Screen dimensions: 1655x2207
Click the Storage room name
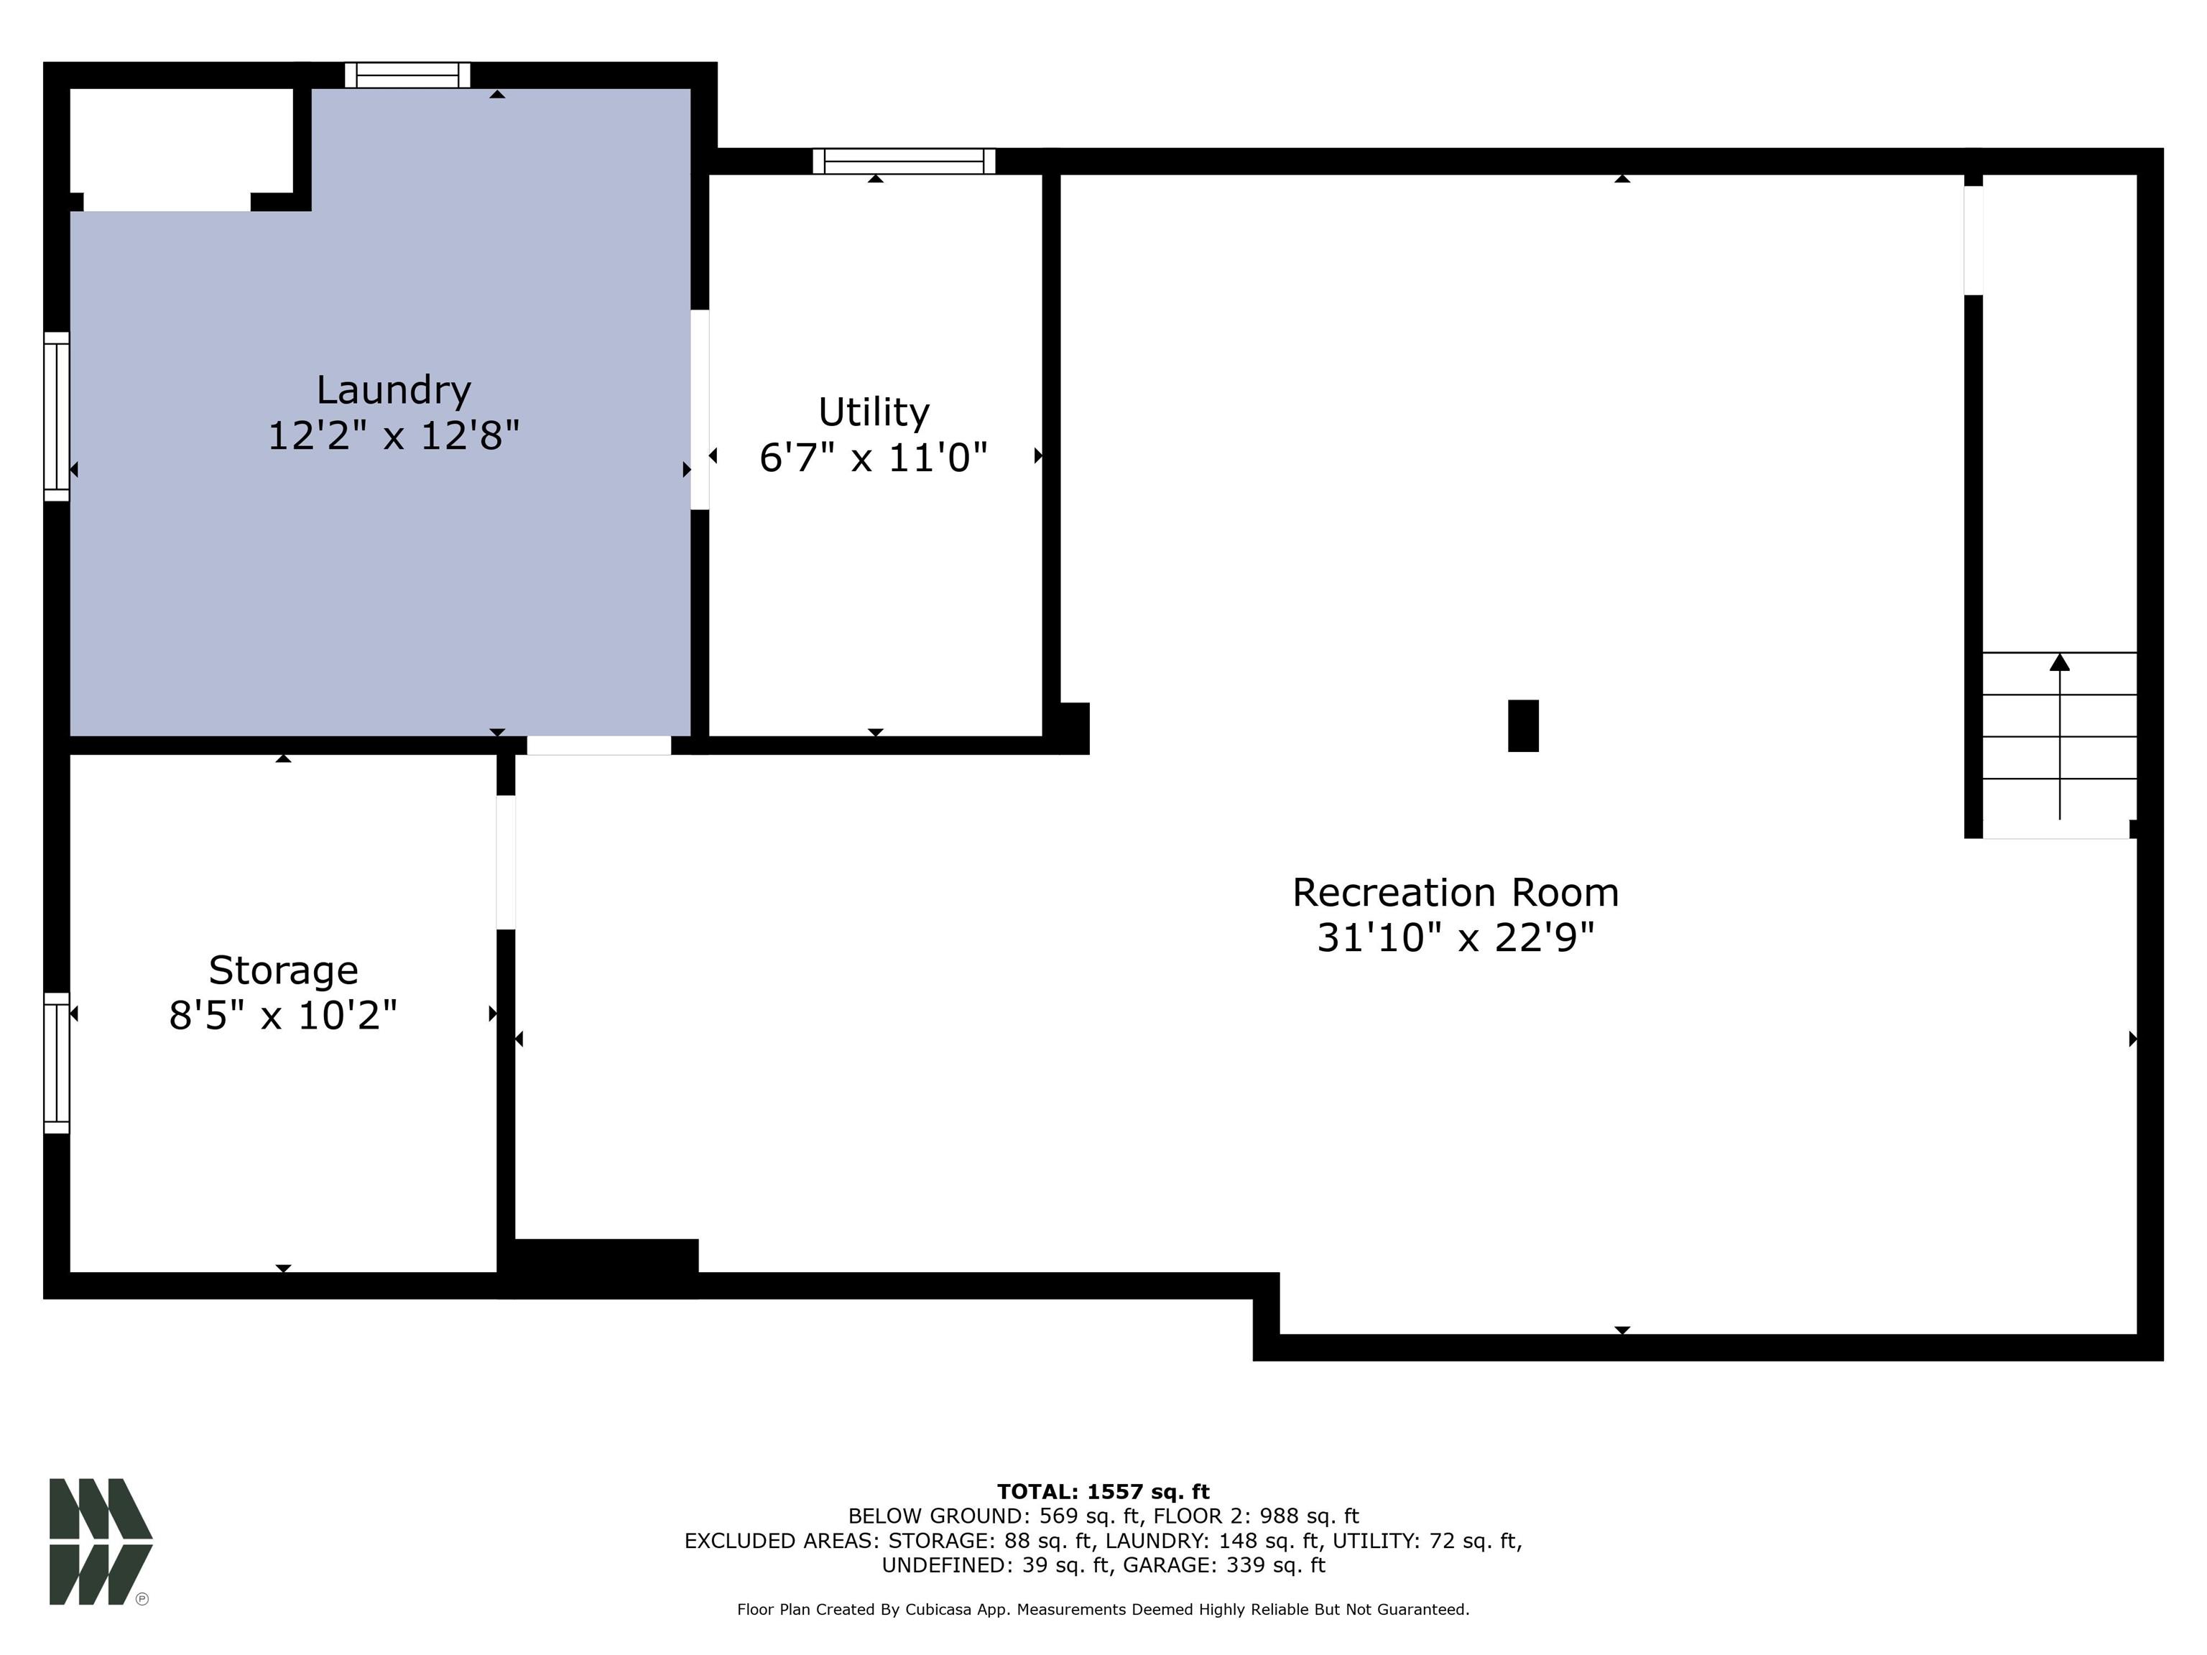click(x=282, y=970)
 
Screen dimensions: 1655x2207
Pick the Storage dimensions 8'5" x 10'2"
click(x=282, y=1016)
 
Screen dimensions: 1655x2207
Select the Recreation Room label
click(x=1455, y=892)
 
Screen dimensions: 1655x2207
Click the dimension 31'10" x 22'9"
click(x=1455, y=937)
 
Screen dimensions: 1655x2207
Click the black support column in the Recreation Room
click(x=1522, y=725)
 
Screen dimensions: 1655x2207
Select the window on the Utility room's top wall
click(x=903, y=161)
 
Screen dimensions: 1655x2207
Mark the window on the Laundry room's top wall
click(x=407, y=75)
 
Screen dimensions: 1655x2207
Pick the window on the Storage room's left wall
click(x=57, y=1062)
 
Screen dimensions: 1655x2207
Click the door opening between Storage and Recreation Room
click(x=506, y=862)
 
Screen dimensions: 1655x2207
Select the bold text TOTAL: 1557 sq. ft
click(x=1103, y=1491)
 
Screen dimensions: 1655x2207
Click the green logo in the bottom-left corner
click(x=100, y=1542)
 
